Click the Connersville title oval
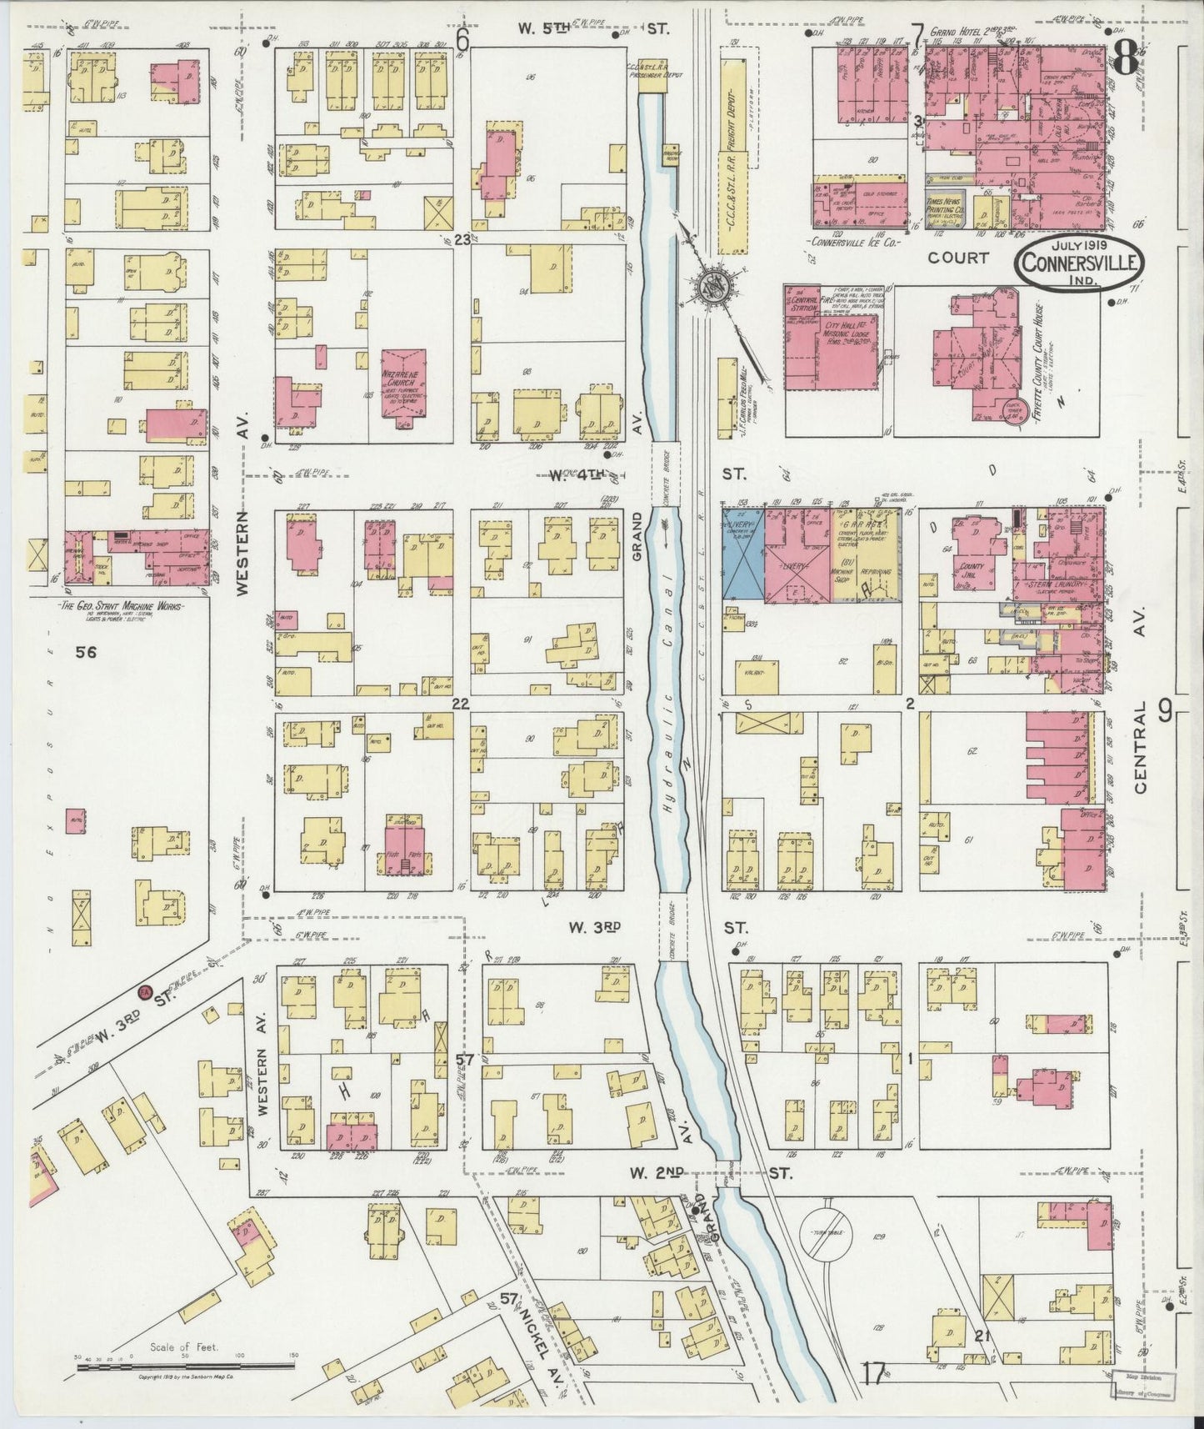pyautogui.click(x=1080, y=262)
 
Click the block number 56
pyautogui.click(x=86, y=652)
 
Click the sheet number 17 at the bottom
pyautogui.click(x=873, y=1368)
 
